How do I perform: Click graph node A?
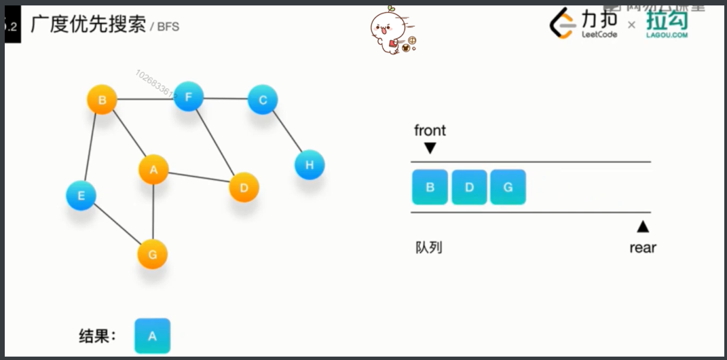(153, 169)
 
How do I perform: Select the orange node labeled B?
(102, 101)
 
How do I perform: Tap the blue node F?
(189, 97)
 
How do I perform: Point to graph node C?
(263, 100)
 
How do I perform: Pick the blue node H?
(310, 164)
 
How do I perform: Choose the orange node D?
(244, 187)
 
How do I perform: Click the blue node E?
(81, 196)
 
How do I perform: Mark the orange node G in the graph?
(152, 255)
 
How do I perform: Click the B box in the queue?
(430, 187)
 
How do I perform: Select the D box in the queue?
(469, 187)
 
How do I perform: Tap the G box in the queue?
(508, 187)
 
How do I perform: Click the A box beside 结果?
(152, 336)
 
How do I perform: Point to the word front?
(430, 130)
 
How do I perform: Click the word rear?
(642, 248)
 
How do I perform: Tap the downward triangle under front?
(430, 148)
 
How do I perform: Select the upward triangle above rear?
(642, 227)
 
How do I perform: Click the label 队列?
(428, 247)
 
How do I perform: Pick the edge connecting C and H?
(286, 132)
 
